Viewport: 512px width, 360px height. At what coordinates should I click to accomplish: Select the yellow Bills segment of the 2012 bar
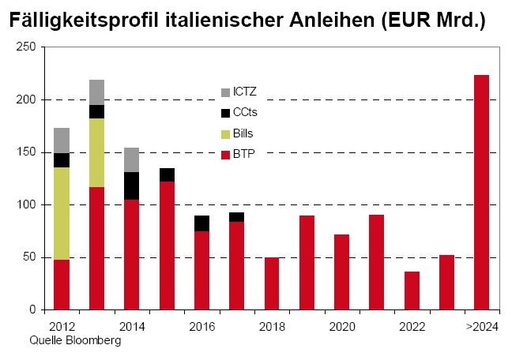click(62, 213)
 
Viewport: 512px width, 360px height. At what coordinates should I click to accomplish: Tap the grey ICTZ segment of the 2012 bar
click(62, 141)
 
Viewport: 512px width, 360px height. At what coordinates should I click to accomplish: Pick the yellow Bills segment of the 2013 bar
click(96, 152)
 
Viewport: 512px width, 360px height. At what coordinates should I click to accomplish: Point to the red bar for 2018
click(272, 283)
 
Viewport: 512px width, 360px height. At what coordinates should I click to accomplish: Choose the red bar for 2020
click(341, 272)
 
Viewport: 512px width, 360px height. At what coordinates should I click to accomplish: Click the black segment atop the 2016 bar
click(201, 223)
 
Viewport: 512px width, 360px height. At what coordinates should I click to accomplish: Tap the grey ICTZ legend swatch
click(225, 92)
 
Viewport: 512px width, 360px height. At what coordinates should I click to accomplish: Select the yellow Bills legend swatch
click(225, 133)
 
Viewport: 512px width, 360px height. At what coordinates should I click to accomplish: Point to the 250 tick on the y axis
click(28, 47)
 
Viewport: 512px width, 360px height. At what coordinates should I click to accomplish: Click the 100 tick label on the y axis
click(28, 205)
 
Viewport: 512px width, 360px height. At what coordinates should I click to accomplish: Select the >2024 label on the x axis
click(481, 325)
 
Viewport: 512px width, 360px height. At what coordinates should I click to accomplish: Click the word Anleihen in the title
click(333, 21)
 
